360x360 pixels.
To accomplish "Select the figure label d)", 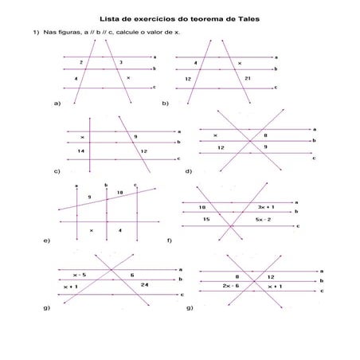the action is (189, 171).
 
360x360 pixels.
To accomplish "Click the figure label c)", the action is (57, 171).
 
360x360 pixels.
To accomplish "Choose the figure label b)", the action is (166, 104).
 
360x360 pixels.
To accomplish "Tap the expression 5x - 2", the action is (264, 218).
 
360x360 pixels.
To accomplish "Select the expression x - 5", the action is (79, 274).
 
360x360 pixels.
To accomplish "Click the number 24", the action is (144, 284).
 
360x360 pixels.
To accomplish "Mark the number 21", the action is (248, 79).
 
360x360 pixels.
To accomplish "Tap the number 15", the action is (205, 218).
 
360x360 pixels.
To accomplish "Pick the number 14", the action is (80, 151).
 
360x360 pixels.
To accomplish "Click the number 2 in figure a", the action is (81, 61).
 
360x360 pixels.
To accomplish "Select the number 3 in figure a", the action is (121, 61).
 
